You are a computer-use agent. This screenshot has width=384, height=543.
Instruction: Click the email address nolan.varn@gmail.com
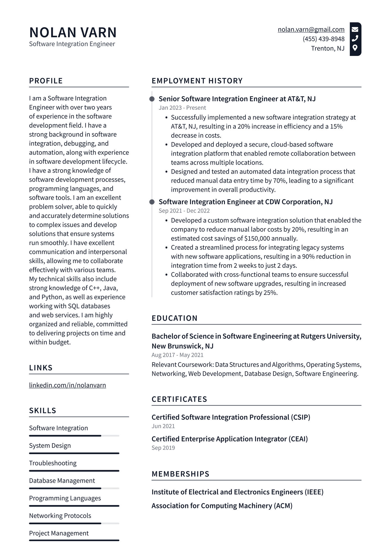point(311,30)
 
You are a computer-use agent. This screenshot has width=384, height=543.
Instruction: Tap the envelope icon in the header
point(355,29)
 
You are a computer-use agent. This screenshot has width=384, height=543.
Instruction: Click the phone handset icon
point(355,38)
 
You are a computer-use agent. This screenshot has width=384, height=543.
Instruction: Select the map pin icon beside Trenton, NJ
point(355,48)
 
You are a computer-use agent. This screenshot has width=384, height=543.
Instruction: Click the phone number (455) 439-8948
point(323,39)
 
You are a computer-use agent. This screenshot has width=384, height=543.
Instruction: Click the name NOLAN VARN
point(73,32)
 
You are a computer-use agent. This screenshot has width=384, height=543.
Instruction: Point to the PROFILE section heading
point(46,81)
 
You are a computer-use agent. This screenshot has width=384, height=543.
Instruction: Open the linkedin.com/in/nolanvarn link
point(67,385)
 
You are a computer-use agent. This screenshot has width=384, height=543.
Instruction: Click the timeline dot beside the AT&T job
point(152,99)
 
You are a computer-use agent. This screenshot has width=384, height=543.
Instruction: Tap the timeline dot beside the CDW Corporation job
point(152,202)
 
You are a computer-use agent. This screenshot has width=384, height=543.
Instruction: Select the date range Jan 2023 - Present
point(182,108)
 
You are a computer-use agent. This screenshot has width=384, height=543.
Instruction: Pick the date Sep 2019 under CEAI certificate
point(163,448)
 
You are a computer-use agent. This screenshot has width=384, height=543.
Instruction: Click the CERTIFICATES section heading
point(179,399)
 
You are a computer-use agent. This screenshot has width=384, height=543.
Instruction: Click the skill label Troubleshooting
point(53,463)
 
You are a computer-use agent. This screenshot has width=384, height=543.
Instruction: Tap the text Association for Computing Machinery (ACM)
point(222,506)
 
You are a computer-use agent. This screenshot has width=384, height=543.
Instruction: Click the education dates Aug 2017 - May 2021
point(177,355)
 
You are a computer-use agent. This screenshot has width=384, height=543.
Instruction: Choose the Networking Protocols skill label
point(60,516)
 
